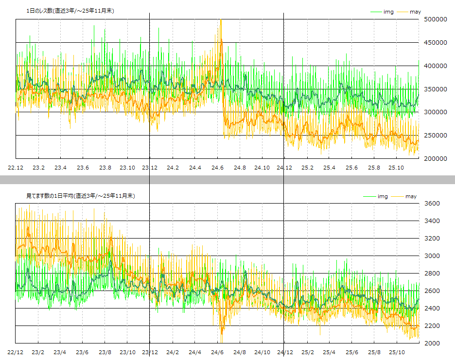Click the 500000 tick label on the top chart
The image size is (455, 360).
(x=436, y=19)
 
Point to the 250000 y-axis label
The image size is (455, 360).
(x=436, y=136)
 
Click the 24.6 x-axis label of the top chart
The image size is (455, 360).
(x=217, y=168)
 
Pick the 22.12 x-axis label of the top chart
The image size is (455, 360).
(x=16, y=168)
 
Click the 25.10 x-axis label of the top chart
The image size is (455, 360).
(x=396, y=168)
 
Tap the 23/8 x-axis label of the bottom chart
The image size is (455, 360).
(x=105, y=352)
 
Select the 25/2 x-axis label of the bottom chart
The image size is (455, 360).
(x=307, y=352)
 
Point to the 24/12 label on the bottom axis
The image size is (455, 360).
(x=284, y=352)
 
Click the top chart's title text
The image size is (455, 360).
(x=70, y=11)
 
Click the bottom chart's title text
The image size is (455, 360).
(x=81, y=196)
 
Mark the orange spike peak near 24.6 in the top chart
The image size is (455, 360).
(x=221, y=20)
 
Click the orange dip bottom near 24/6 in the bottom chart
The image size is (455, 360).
(x=222, y=334)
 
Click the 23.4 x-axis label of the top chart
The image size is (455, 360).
(x=61, y=168)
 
